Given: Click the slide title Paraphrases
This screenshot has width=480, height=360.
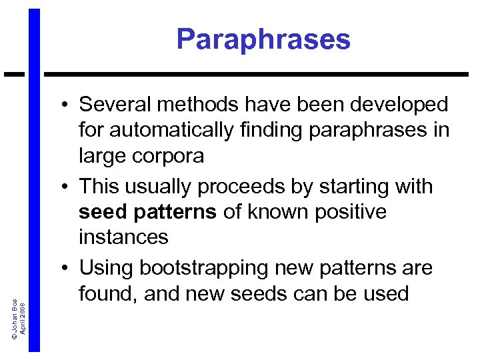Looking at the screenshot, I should click(x=263, y=39).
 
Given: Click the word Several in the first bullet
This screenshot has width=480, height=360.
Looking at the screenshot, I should click(x=117, y=105).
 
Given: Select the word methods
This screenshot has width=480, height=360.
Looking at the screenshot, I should click(x=203, y=105).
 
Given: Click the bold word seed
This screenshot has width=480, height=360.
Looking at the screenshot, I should click(x=101, y=213).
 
